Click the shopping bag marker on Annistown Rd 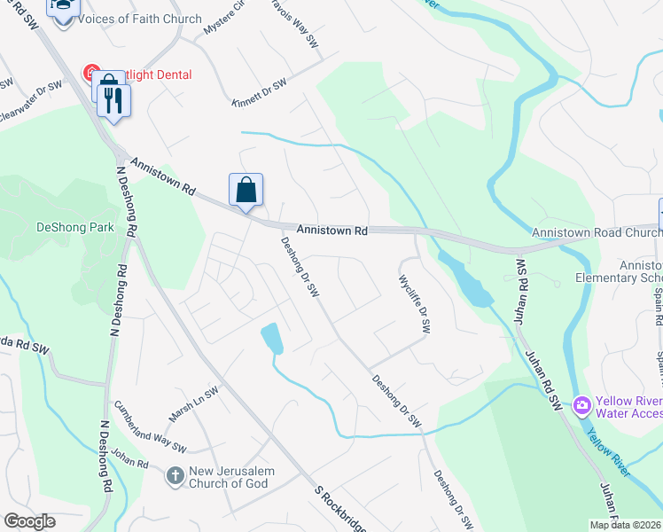tap(246, 190)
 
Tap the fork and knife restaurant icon tap(112, 98)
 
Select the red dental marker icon tap(90, 72)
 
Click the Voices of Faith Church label tap(139, 19)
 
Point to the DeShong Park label tap(75, 227)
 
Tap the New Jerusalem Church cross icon tap(175, 476)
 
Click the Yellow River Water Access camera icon tap(582, 406)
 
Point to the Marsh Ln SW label tap(193, 404)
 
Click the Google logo tap(29, 521)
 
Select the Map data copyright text tap(626, 525)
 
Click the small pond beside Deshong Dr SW tap(272, 338)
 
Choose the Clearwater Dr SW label tap(31, 103)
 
